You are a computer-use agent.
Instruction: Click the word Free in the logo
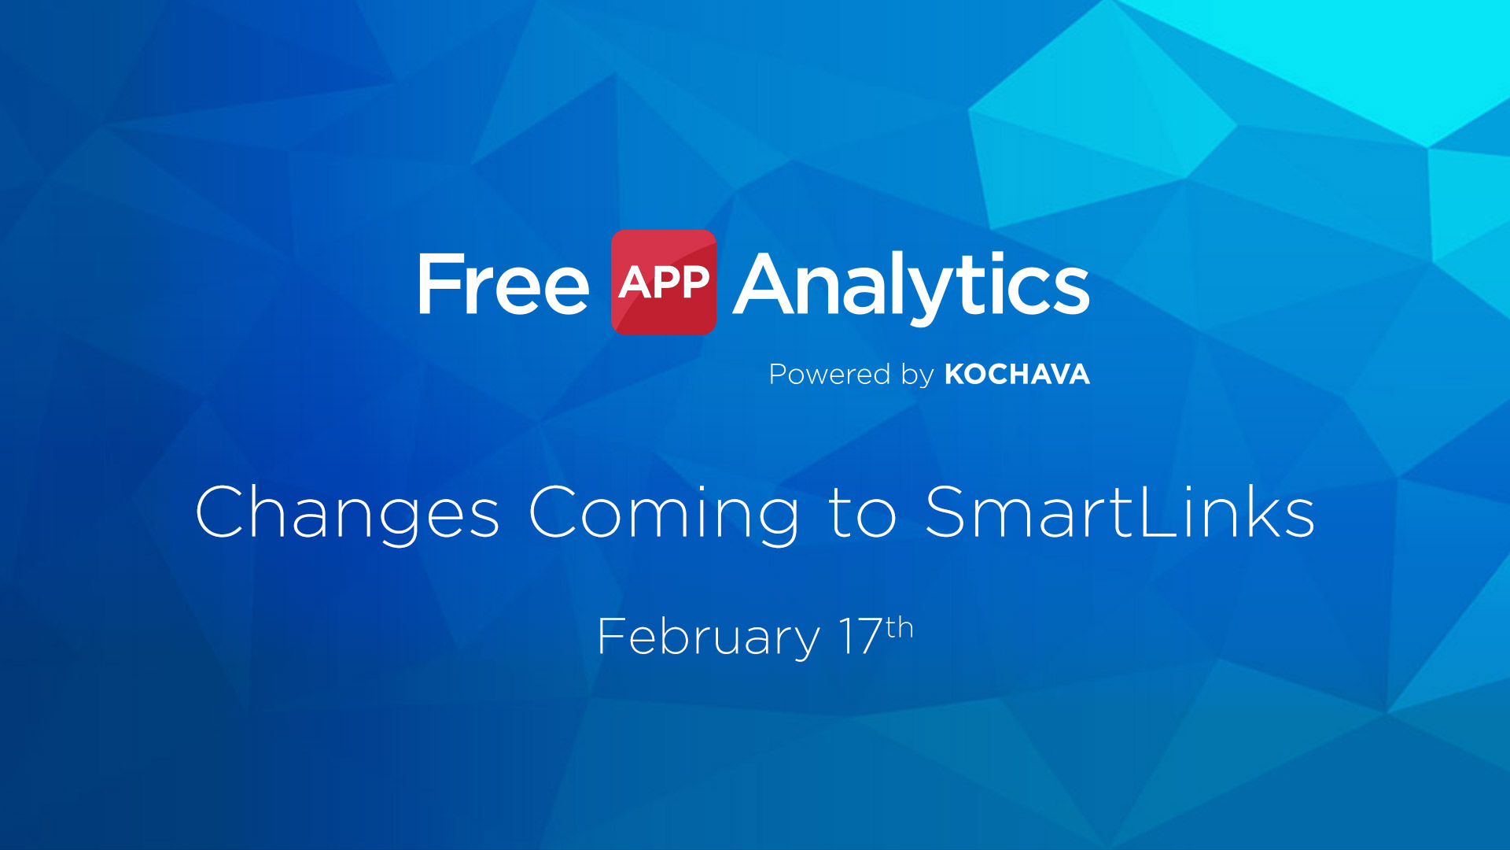coord(503,283)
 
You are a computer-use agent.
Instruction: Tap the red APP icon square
coord(664,282)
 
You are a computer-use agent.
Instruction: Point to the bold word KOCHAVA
coord(1017,374)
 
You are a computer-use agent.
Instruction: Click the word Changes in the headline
coord(347,513)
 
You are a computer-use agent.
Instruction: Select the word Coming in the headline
coord(664,513)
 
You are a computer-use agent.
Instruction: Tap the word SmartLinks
coord(1120,511)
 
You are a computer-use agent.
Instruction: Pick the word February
coord(709,637)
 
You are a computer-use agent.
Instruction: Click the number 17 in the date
coord(861,636)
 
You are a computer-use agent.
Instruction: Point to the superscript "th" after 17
coord(900,628)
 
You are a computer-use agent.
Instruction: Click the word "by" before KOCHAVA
coord(917,375)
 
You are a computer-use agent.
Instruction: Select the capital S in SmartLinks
coord(951,511)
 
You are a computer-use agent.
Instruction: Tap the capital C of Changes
coord(223,511)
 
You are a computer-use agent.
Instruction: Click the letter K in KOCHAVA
coord(956,374)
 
